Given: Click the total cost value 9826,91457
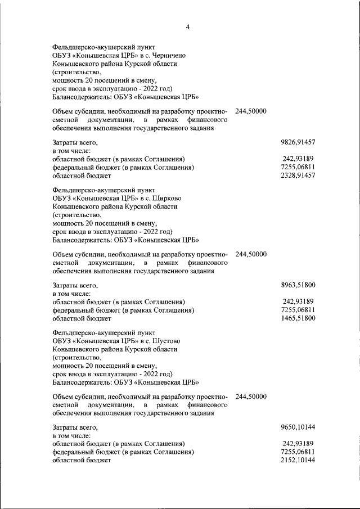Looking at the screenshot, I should [298, 143].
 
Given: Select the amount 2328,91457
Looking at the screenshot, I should [298, 176].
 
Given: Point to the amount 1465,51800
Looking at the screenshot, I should [298, 318].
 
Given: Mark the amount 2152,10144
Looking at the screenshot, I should [298, 460].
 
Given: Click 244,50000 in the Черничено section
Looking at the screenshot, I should [251, 112].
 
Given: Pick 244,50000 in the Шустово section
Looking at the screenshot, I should [251, 396].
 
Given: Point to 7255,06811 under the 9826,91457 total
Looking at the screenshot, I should [298, 168].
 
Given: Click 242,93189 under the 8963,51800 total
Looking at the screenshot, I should [299, 301].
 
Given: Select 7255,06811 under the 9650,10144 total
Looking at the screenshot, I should [298, 452].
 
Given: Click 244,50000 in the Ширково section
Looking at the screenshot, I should [251, 254].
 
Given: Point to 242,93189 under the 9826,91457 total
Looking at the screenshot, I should [299, 160].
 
